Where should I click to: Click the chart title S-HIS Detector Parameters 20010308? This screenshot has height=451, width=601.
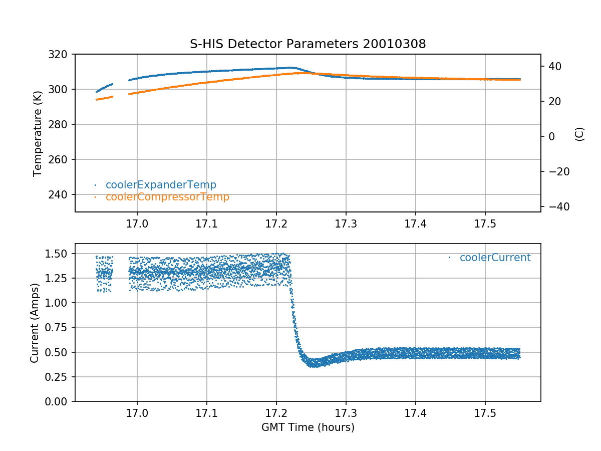point(308,44)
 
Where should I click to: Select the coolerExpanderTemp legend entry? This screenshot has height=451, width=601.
point(161,185)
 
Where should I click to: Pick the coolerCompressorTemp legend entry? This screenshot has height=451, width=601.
point(167,197)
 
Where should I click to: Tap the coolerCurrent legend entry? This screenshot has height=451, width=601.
point(495,258)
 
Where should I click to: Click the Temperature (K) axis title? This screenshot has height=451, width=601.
point(37,133)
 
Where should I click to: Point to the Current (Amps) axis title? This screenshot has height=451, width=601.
point(34,322)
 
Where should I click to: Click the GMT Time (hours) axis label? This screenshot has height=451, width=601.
point(308,427)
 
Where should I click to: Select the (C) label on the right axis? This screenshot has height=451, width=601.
point(579,134)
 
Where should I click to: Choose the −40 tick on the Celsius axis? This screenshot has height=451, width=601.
point(556,207)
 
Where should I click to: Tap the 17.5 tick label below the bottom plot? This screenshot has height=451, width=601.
point(485,413)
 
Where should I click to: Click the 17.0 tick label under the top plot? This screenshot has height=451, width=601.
point(137,223)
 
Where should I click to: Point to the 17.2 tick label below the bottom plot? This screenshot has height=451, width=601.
point(276,413)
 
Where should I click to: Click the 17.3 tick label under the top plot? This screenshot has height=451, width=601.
point(346,223)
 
